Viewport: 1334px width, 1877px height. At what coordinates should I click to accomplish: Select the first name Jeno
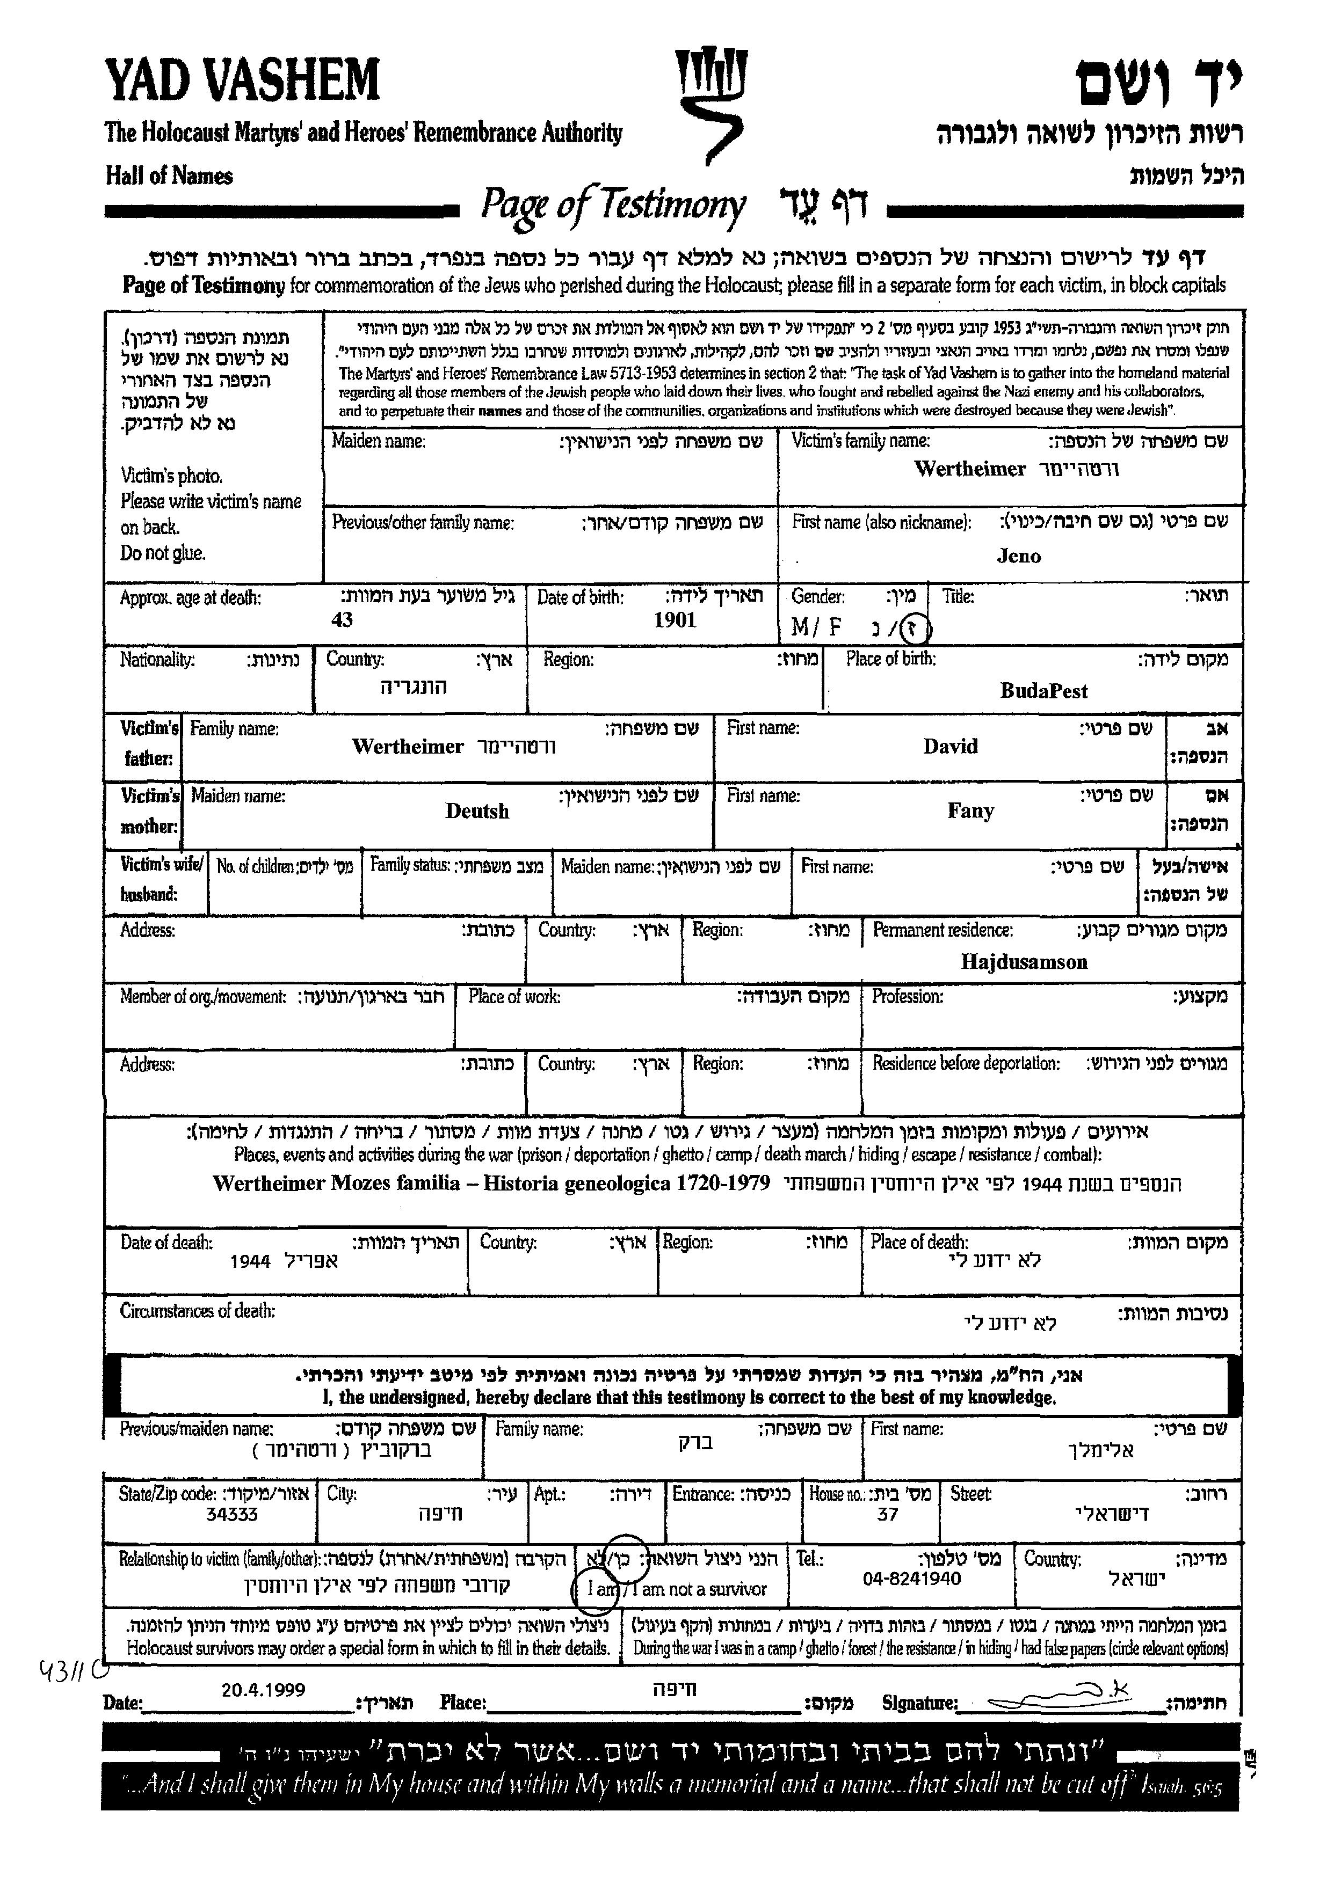click(1019, 556)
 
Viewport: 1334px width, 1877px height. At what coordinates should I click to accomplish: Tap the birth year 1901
click(675, 620)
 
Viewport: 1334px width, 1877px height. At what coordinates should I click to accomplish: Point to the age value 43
click(342, 620)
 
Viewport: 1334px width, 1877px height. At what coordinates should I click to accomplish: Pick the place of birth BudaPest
click(1043, 691)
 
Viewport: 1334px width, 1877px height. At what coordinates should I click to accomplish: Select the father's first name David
click(951, 747)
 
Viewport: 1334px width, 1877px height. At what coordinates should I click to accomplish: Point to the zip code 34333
click(231, 1514)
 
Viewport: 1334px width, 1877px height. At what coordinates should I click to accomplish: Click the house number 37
click(887, 1514)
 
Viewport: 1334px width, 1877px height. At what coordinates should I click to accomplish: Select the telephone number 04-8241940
click(912, 1578)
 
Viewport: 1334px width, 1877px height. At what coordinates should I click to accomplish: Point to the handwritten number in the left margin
click(74, 1668)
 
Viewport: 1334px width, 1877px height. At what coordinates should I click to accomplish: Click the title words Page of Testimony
click(613, 205)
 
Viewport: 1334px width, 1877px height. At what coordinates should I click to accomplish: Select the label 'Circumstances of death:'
click(197, 1311)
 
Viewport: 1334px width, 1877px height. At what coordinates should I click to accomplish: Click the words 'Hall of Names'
click(169, 176)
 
